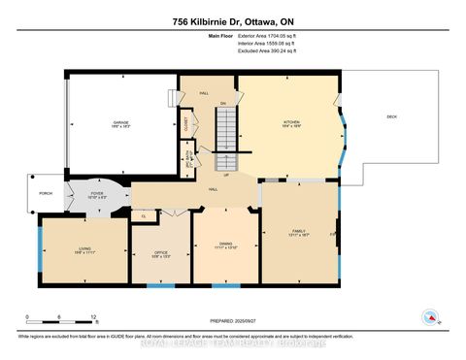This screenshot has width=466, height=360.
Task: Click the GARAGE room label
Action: pos(120,123)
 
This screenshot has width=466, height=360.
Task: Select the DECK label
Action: pos(391,116)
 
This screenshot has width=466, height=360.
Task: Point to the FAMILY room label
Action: pos(298,232)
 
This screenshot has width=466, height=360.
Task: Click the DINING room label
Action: pos(225,244)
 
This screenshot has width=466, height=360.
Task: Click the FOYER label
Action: pos(97,192)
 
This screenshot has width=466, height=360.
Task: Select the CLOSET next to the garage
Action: pos(184,123)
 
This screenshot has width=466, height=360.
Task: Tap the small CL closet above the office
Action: pos(144,216)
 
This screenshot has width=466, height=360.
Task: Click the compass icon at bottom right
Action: pos(428,316)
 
